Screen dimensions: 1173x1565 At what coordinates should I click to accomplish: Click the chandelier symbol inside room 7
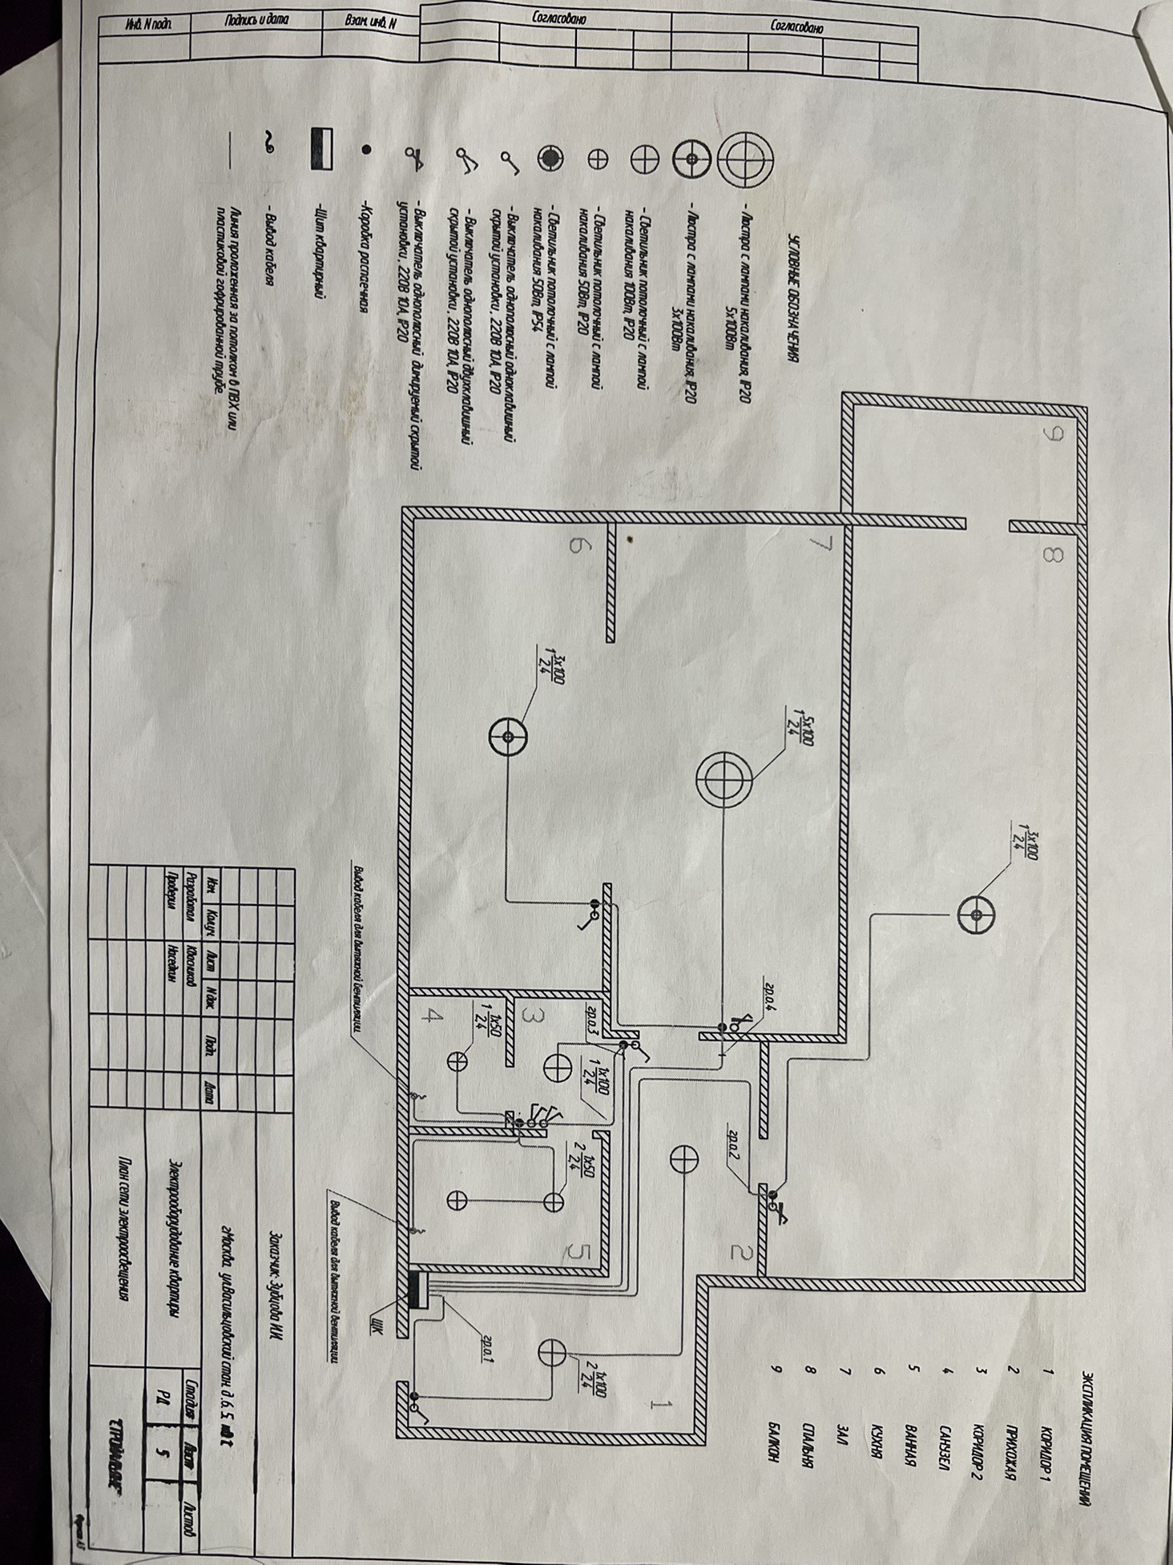pos(724,779)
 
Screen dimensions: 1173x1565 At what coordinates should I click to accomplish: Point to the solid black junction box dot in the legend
pos(366,149)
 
